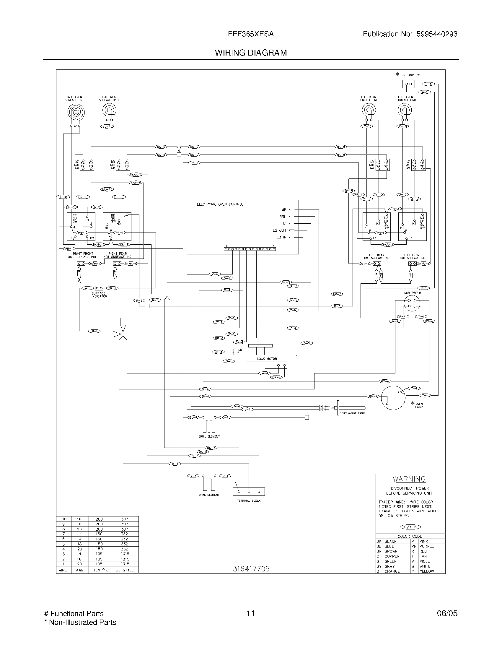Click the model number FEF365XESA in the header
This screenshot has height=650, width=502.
click(x=251, y=34)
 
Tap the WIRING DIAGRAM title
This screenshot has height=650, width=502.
click(x=251, y=53)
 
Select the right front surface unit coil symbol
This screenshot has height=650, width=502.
click(x=75, y=113)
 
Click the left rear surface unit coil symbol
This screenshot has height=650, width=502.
click(x=369, y=111)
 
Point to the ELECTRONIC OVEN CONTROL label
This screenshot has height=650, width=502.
click(x=220, y=204)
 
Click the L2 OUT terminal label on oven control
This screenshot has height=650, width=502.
click(x=279, y=230)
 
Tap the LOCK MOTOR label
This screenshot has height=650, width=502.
click(x=267, y=359)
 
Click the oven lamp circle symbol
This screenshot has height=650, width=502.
click(x=393, y=398)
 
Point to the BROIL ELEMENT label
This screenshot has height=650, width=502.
click(x=209, y=436)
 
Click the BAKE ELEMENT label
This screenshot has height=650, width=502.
click(x=209, y=495)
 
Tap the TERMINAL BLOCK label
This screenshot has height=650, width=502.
click(x=249, y=500)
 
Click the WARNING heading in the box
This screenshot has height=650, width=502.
click(x=409, y=479)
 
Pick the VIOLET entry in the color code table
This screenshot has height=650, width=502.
click(x=425, y=561)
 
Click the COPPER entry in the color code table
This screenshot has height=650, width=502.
click(x=392, y=556)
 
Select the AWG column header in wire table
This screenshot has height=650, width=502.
click(x=79, y=570)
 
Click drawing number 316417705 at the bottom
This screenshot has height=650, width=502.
click(x=251, y=569)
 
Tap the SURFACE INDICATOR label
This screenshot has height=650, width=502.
click(x=99, y=295)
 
